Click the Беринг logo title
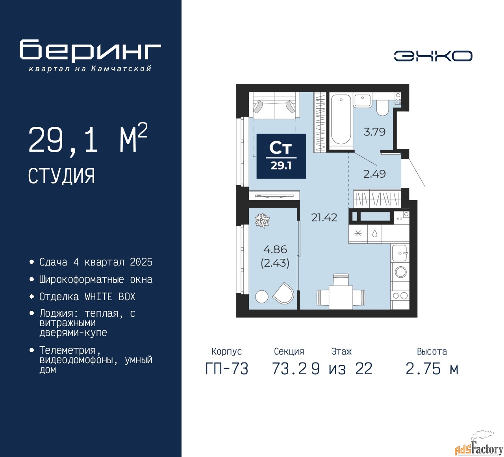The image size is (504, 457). [90, 51]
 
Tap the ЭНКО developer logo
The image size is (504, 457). [433, 56]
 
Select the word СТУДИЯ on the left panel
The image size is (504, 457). [61, 176]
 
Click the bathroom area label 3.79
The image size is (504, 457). [374, 132]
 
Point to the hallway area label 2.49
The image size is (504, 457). [374, 174]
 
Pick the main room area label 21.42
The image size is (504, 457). [324, 217]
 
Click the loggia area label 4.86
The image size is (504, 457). [275, 249]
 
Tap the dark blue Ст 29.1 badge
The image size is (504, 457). [281, 156]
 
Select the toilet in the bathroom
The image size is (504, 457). [382, 108]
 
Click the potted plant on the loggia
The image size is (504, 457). [262, 221]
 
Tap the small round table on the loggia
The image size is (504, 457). [261, 297]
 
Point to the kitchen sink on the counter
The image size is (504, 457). [400, 253]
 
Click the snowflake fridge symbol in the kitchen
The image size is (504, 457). [358, 234]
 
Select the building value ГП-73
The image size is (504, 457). [227, 369]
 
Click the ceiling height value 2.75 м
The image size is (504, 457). [432, 369]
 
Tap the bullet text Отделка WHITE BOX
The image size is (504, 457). [87, 297]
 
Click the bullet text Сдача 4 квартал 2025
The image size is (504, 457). [96, 262]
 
